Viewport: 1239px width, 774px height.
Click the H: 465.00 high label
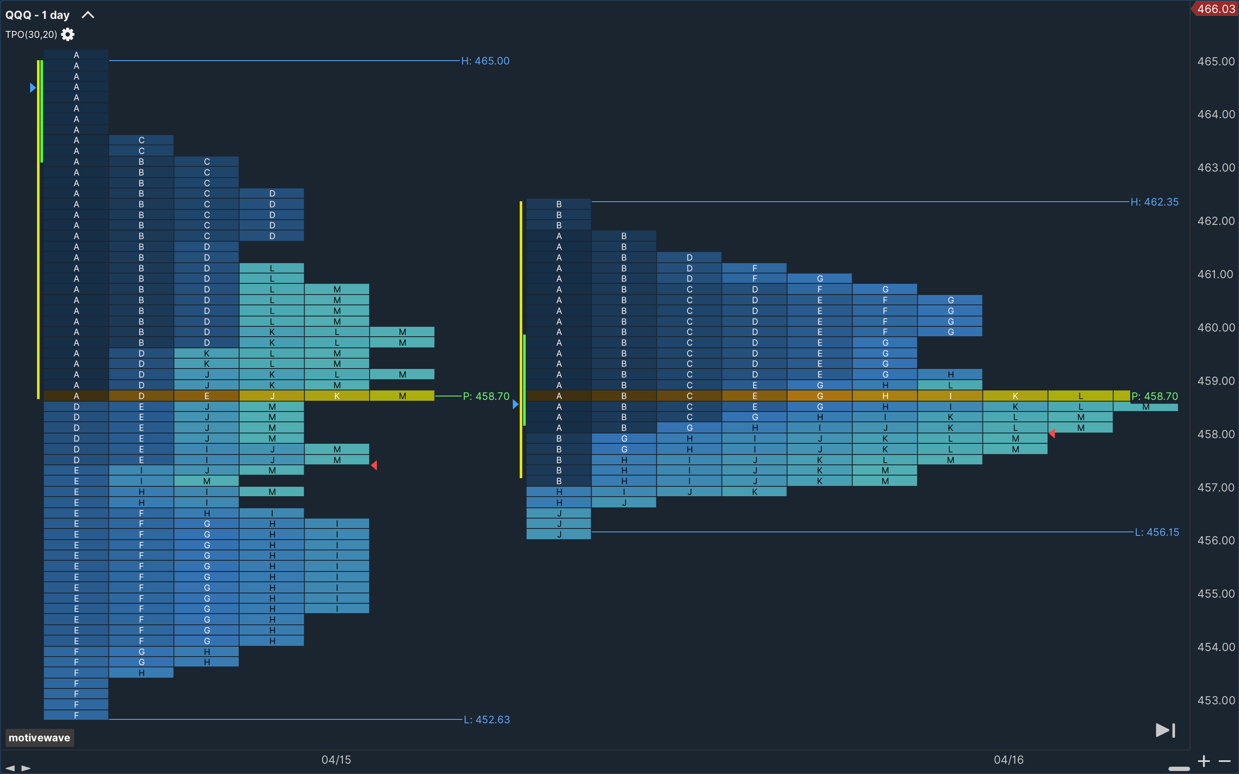pyautogui.click(x=485, y=61)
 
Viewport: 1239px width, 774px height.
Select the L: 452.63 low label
pyautogui.click(x=487, y=719)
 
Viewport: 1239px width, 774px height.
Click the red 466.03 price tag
pyautogui.click(x=1215, y=9)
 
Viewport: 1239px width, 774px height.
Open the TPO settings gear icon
pyautogui.click(x=68, y=34)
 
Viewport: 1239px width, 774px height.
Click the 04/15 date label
pyautogui.click(x=336, y=760)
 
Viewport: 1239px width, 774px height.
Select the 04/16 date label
pyautogui.click(x=1008, y=760)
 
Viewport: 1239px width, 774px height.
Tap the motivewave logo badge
pyautogui.click(x=40, y=737)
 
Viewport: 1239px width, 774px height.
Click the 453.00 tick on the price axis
pyautogui.click(x=1216, y=700)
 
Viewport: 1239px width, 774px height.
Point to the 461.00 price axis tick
pyautogui.click(x=1216, y=274)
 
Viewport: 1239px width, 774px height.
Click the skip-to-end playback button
pyautogui.click(x=1165, y=731)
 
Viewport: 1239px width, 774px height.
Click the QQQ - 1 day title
pyautogui.click(x=37, y=15)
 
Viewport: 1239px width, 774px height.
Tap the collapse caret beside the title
pyautogui.click(x=88, y=15)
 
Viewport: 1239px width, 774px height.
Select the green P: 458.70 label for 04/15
pyautogui.click(x=486, y=396)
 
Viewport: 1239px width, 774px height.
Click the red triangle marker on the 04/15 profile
pyautogui.click(x=374, y=465)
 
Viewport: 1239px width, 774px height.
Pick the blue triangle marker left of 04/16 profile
pyautogui.click(x=515, y=404)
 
